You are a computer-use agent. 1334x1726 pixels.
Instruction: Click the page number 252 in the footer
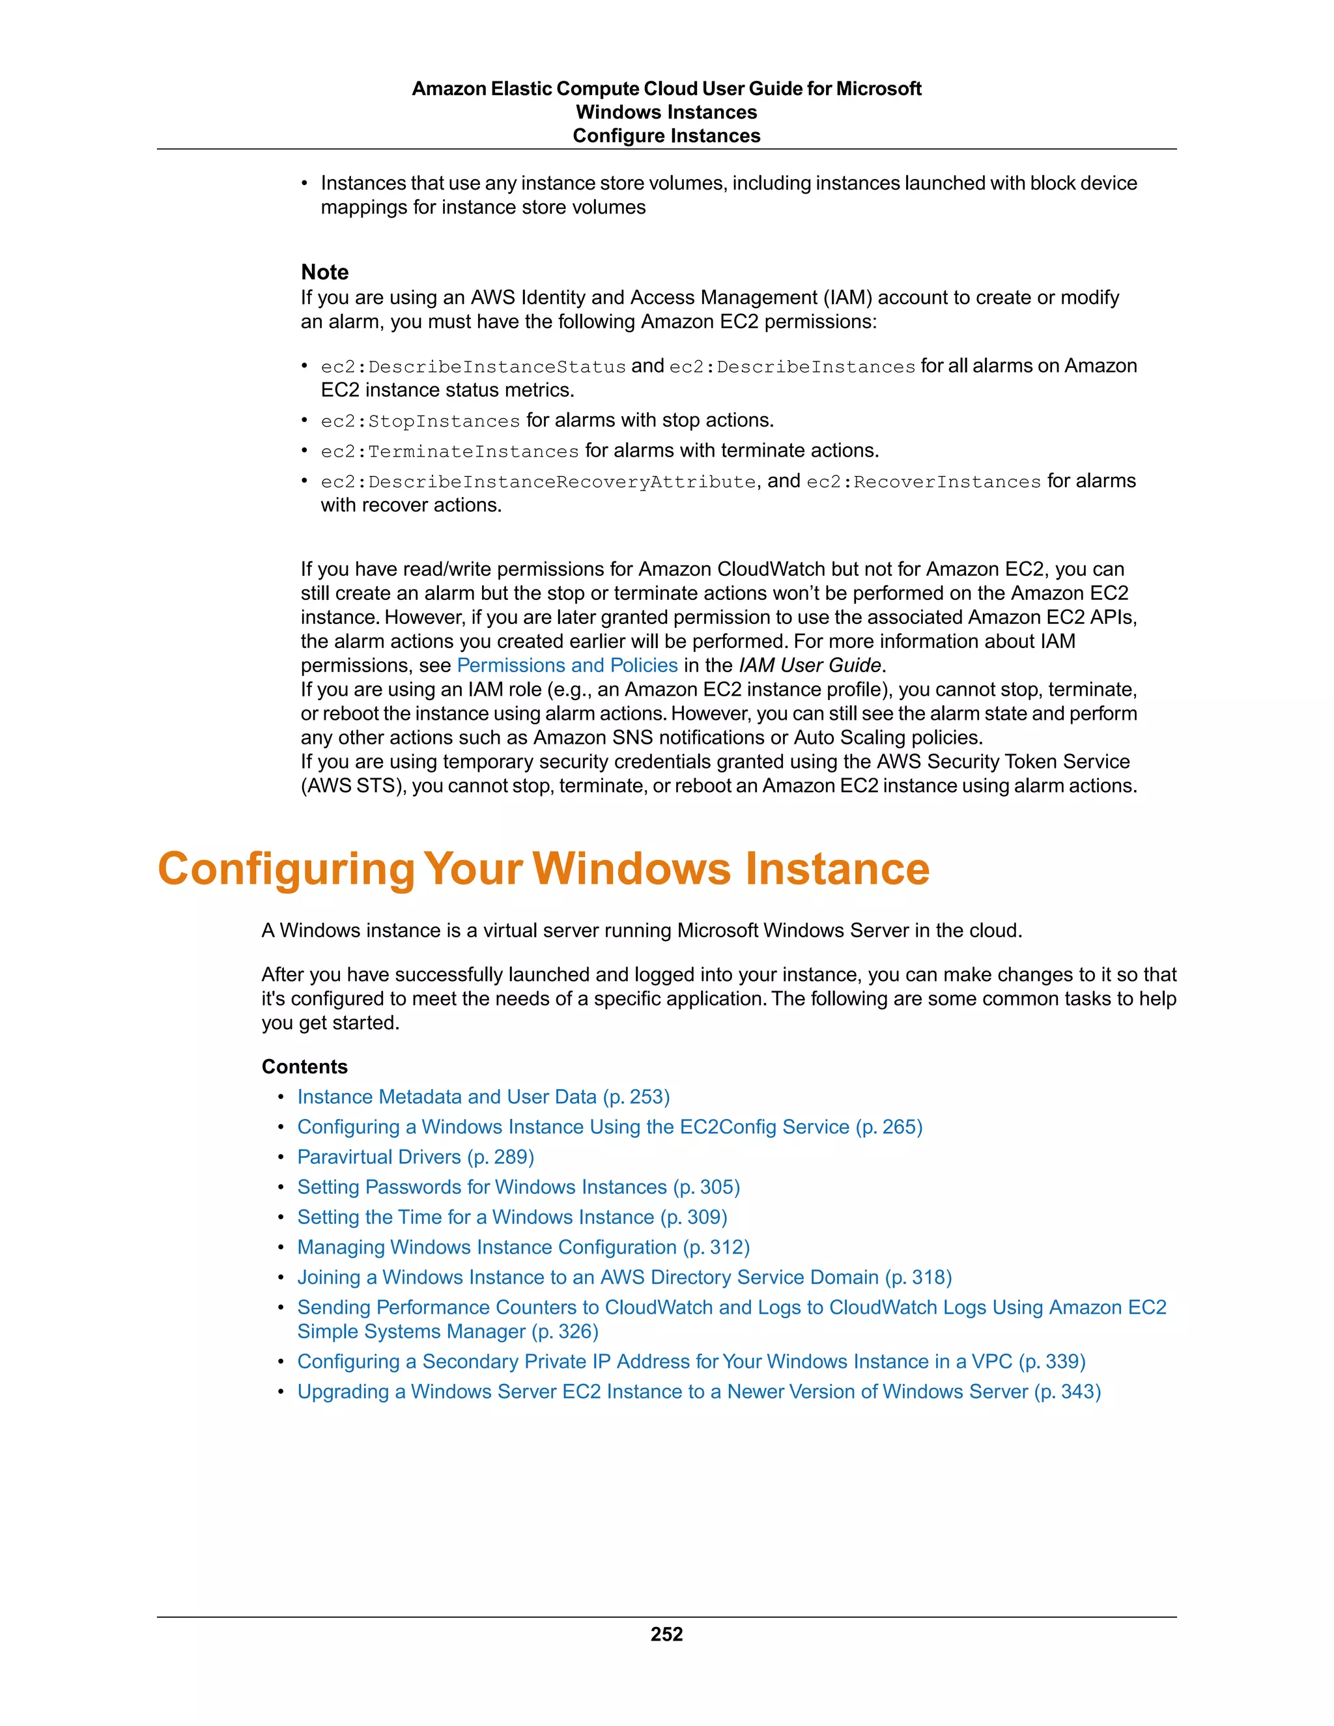point(666,1634)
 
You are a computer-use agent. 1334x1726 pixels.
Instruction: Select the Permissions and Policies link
point(567,666)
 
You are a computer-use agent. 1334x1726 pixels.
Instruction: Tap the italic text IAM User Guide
point(809,666)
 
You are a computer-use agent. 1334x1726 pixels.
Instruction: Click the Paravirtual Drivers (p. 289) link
point(415,1157)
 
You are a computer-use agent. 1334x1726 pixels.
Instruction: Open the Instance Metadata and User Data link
point(483,1097)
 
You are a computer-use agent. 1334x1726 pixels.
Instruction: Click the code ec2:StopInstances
point(419,421)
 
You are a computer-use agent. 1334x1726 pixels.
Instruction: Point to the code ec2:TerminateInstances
point(449,451)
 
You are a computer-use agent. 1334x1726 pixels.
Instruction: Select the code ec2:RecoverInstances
point(923,482)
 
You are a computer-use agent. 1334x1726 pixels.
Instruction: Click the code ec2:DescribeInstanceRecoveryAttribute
point(538,482)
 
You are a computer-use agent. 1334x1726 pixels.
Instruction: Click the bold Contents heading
point(304,1067)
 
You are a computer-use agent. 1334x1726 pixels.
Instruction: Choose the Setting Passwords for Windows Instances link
point(518,1187)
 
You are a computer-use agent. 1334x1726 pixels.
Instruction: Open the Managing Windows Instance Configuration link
point(522,1247)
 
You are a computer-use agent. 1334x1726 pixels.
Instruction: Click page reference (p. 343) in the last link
point(1067,1392)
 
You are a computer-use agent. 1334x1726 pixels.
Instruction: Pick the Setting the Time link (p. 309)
point(511,1217)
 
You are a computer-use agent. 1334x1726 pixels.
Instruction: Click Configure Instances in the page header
point(666,136)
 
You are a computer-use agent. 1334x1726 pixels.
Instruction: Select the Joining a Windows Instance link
point(623,1277)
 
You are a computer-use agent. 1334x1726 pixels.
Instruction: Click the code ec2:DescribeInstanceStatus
point(473,367)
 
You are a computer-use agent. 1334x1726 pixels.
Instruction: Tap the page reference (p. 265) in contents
point(888,1127)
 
